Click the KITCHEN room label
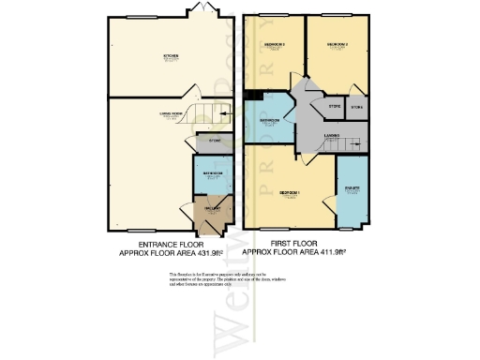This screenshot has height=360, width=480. click(172, 56)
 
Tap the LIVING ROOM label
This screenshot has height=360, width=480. click(170, 115)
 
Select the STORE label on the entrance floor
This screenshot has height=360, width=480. click(214, 141)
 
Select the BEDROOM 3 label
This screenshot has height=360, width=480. click(275, 45)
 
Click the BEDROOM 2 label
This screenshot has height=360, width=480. click(337, 44)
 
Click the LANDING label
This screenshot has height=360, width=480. click(331, 138)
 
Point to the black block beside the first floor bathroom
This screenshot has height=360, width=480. click(251, 94)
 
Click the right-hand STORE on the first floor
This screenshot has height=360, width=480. click(356, 108)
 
